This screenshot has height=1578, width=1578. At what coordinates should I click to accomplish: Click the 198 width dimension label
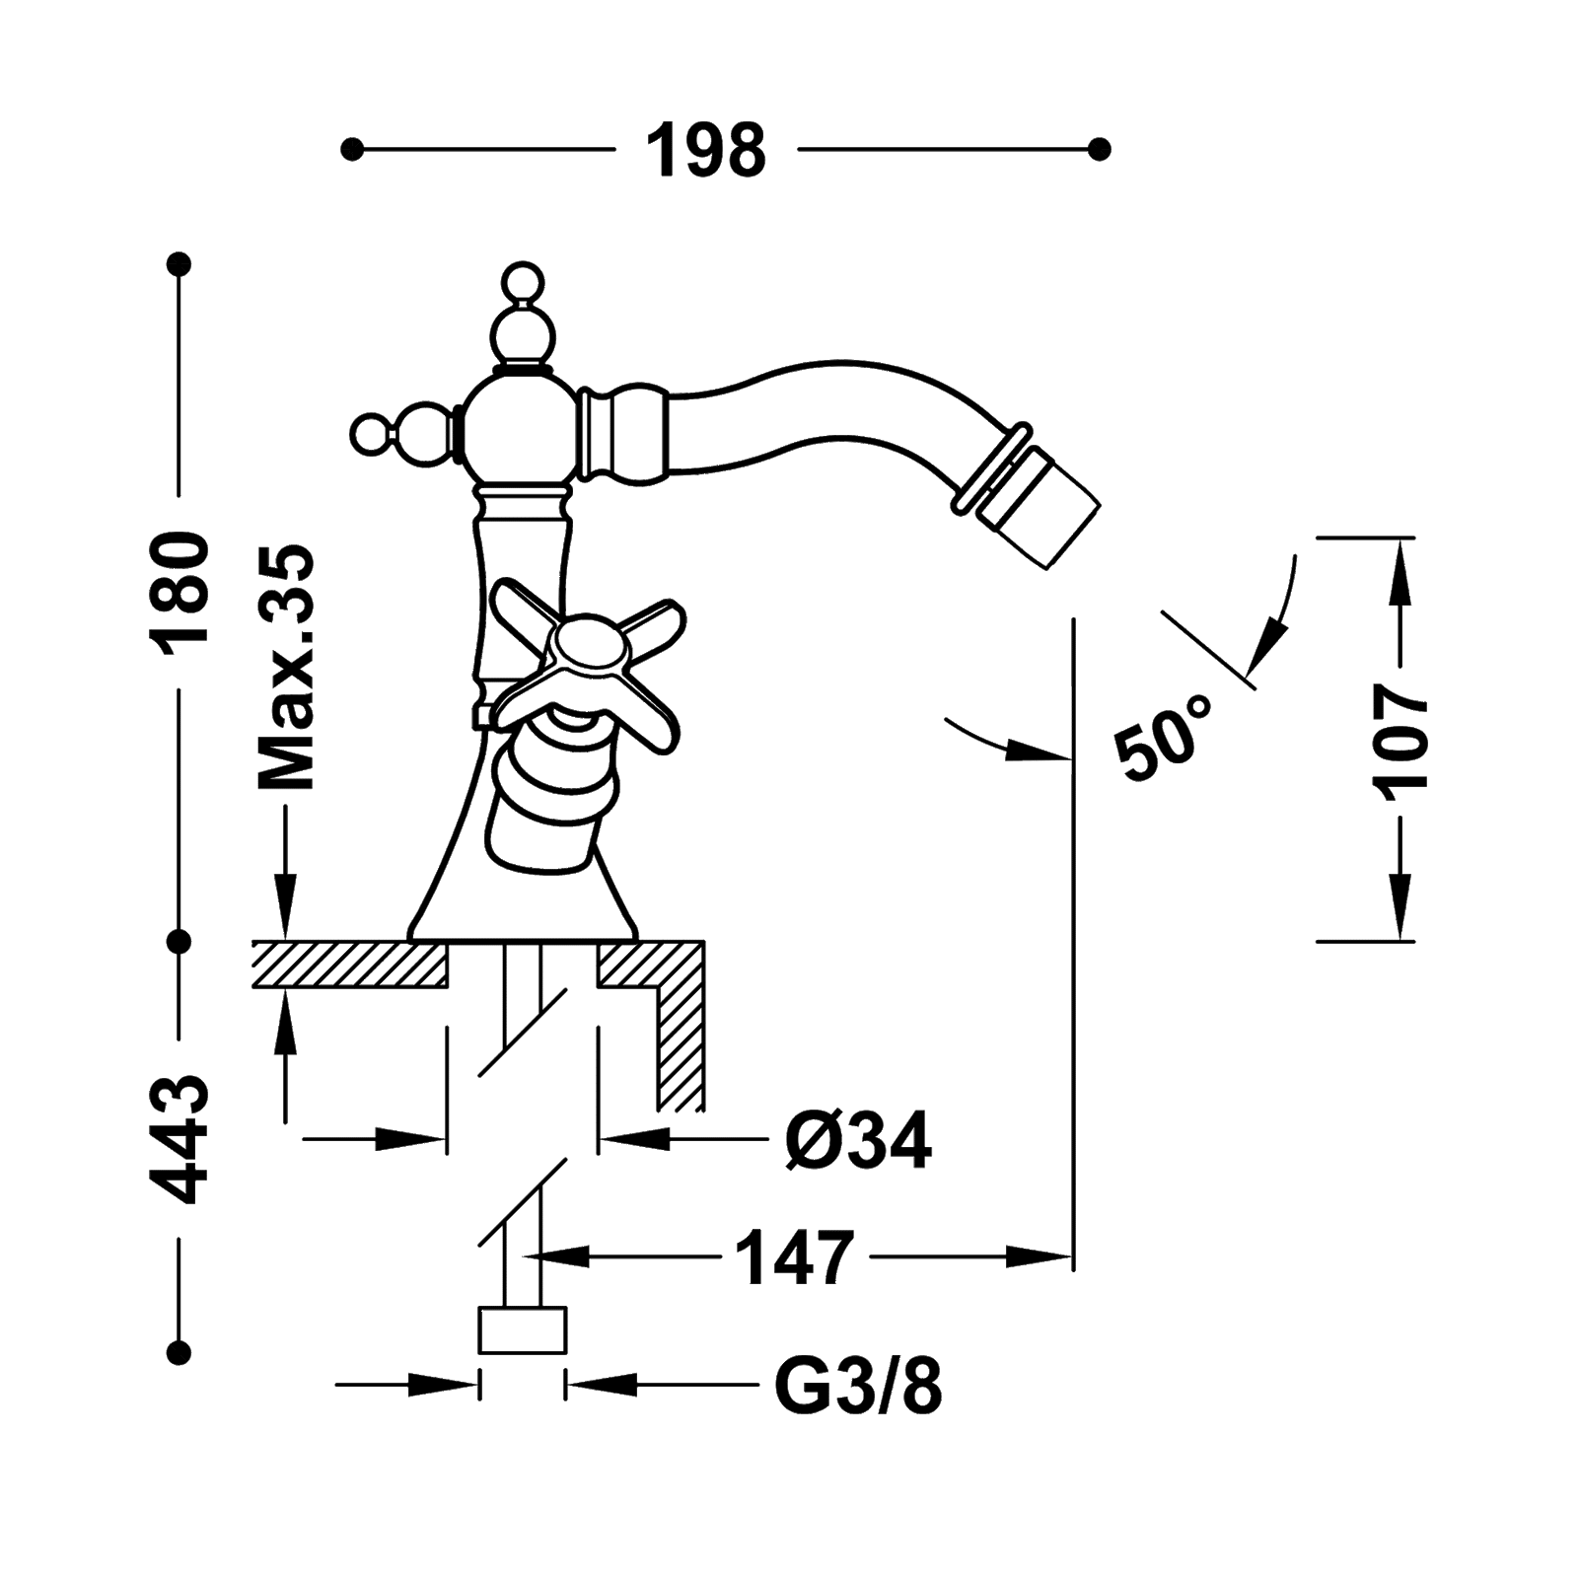coord(705,150)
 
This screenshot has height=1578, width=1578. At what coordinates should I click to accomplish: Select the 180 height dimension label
coord(179,588)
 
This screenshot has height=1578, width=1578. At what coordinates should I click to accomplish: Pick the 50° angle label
coord(1164,735)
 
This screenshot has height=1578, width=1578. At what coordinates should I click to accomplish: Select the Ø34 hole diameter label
coord(857,1140)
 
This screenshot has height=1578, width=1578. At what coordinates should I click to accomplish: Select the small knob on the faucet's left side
coord(375,432)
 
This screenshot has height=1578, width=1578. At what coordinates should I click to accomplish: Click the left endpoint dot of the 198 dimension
coord(350,150)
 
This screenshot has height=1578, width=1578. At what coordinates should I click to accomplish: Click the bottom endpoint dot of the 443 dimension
coord(179,1350)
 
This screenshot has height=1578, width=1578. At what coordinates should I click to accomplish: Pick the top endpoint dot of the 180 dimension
coord(179,264)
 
